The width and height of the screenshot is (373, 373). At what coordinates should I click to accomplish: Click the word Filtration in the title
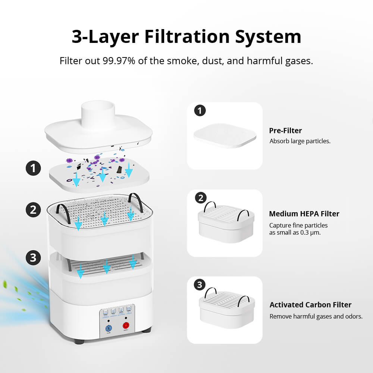coord(186,37)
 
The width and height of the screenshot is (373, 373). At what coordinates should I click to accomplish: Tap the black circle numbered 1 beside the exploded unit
coord(33,168)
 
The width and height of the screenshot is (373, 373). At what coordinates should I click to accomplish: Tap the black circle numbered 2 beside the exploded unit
coord(33,209)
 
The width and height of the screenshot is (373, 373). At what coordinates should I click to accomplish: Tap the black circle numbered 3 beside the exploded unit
coord(33,257)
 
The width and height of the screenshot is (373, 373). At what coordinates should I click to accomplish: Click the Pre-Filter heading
coord(285,131)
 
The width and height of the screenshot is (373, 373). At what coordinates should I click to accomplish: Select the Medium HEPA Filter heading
coord(304,214)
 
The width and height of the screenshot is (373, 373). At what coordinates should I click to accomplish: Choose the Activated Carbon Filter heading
coord(310,305)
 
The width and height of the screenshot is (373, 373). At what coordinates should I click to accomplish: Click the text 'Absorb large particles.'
coord(300,141)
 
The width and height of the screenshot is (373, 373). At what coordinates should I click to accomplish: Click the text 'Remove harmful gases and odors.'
coord(316,316)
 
